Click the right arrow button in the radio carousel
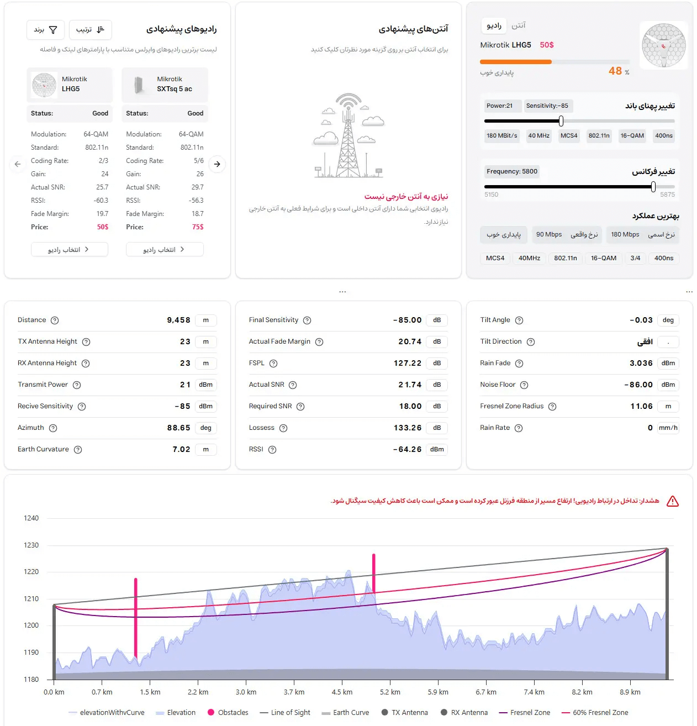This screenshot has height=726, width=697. tap(217, 164)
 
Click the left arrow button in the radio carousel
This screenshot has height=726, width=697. tap(18, 164)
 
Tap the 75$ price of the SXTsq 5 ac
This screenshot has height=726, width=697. tap(198, 227)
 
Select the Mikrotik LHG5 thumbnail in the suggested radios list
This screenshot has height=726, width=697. tap(44, 85)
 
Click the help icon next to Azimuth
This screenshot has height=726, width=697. tap(53, 428)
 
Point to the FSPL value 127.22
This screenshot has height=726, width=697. tap(408, 364)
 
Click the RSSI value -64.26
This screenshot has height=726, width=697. tap(407, 450)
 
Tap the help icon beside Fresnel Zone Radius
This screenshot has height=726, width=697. tap(552, 407)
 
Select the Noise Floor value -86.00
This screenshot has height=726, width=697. tap(638, 385)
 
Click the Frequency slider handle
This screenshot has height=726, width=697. tap(653, 187)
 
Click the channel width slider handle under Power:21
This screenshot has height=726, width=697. tap(561, 121)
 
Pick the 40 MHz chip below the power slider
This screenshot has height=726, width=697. tap(538, 136)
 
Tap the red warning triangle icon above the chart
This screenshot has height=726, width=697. tap(672, 501)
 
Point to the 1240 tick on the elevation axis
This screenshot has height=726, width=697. tap(31, 518)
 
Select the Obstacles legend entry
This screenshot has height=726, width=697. tap(228, 713)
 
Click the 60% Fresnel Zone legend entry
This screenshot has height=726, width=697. tap(595, 713)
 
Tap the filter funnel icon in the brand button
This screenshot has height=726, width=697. tap(53, 30)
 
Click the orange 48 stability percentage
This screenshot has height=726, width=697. tap(615, 71)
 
